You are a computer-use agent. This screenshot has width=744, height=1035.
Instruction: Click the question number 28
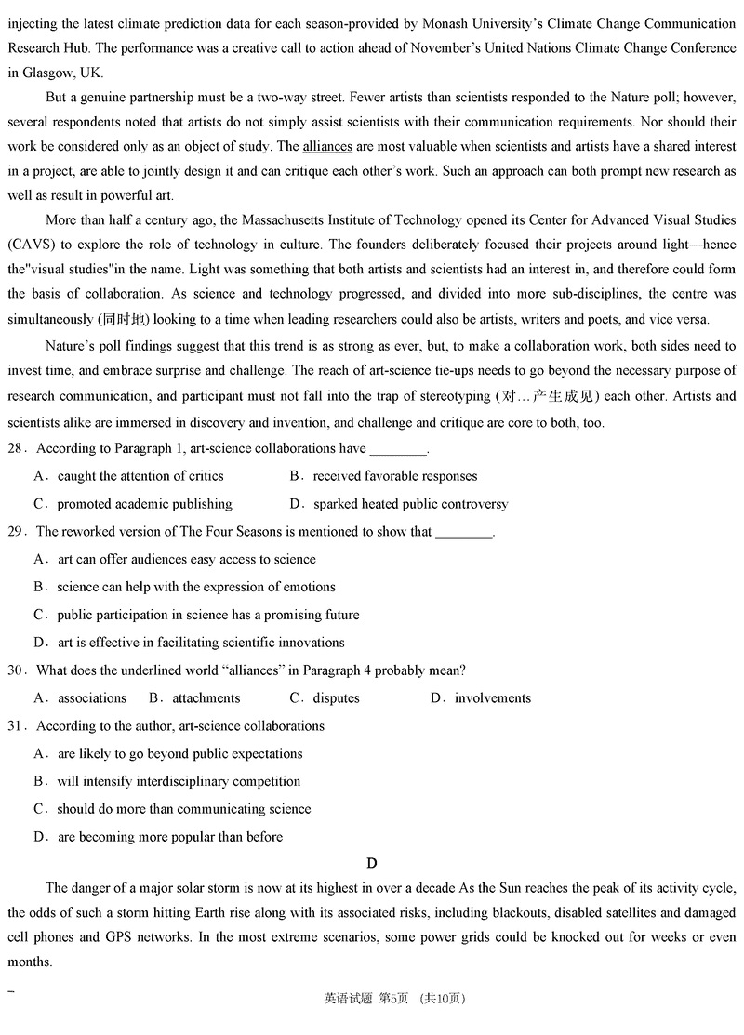coord(15,448)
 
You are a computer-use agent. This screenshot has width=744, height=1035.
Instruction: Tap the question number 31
coord(15,725)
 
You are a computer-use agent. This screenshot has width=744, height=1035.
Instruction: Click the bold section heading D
coord(372,863)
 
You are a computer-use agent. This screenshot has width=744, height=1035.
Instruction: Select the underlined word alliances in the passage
coord(326,147)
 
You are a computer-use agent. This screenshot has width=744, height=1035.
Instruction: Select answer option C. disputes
coord(325,697)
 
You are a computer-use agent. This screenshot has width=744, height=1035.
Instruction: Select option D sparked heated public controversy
coord(399,504)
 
